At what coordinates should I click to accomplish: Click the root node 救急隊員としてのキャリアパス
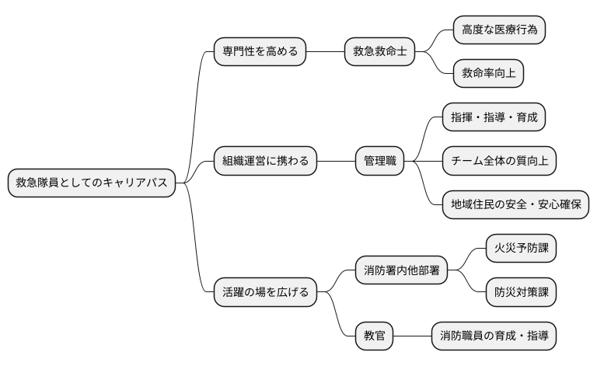pos(91,183)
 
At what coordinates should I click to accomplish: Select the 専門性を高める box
pos(260,52)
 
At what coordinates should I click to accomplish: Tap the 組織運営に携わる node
pos(265,161)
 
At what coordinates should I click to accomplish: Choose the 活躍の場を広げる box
pos(265,292)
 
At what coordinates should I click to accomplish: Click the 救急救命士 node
pos(379,52)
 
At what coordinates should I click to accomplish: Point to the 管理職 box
pos(379,161)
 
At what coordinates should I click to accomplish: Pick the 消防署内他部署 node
pos(401,270)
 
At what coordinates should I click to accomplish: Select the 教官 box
pos(374,336)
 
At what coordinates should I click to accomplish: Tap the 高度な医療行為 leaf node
pos(499,30)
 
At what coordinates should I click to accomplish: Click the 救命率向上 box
pos(488,74)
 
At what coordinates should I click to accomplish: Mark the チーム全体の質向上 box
pos(499,161)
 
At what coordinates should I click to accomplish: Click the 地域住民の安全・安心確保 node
pos(515,204)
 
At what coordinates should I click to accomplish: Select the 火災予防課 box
pos(521,249)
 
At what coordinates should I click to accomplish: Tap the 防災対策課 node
pos(521,292)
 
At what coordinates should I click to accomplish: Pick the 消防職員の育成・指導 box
pos(494,336)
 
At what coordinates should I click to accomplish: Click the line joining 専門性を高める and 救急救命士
pos(326,52)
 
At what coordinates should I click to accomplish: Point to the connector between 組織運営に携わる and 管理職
pos(336,161)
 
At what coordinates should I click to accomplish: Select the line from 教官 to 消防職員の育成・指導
pos(412,336)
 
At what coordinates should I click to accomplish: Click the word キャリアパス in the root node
pos(141,183)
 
